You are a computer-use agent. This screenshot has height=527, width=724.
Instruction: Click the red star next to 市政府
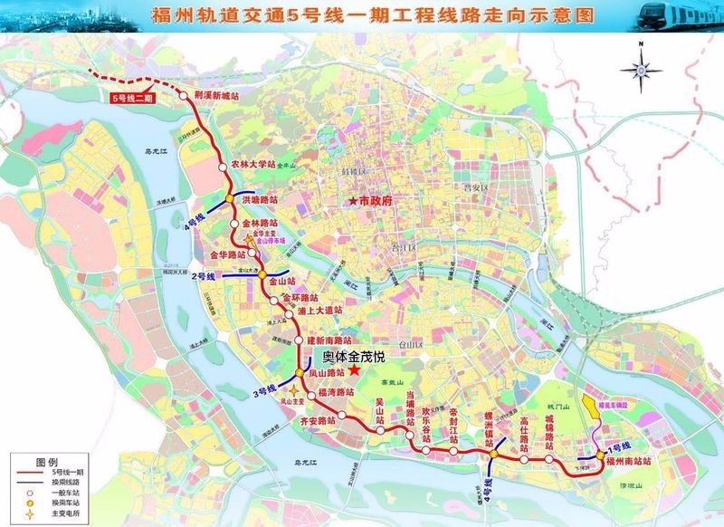point(353,200)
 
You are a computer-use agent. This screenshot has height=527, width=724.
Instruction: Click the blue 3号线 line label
point(263,391)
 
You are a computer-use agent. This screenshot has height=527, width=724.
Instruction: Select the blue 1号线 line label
point(619,446)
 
